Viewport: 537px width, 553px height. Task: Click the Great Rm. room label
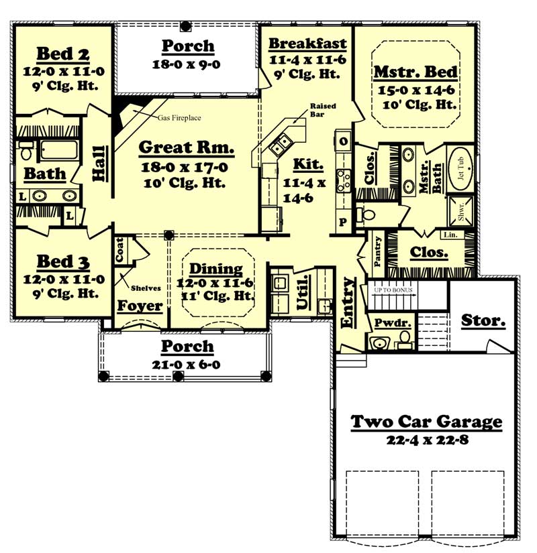(x=186, y=147)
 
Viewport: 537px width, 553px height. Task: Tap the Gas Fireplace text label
(x=179, y=118)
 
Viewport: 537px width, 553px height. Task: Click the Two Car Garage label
(x=427, y=422)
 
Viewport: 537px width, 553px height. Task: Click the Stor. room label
(x=483, y=320)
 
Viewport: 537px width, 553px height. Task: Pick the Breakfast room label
(x=307, y=44)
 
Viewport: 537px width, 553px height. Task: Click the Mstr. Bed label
(x=416, y=72)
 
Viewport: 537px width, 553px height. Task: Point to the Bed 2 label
(x=62, y=54)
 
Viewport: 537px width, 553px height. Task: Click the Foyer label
(x=140, y=306)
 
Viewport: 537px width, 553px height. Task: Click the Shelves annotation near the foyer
(x=146, y=288)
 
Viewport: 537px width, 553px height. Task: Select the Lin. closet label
(x=450, y=235)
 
